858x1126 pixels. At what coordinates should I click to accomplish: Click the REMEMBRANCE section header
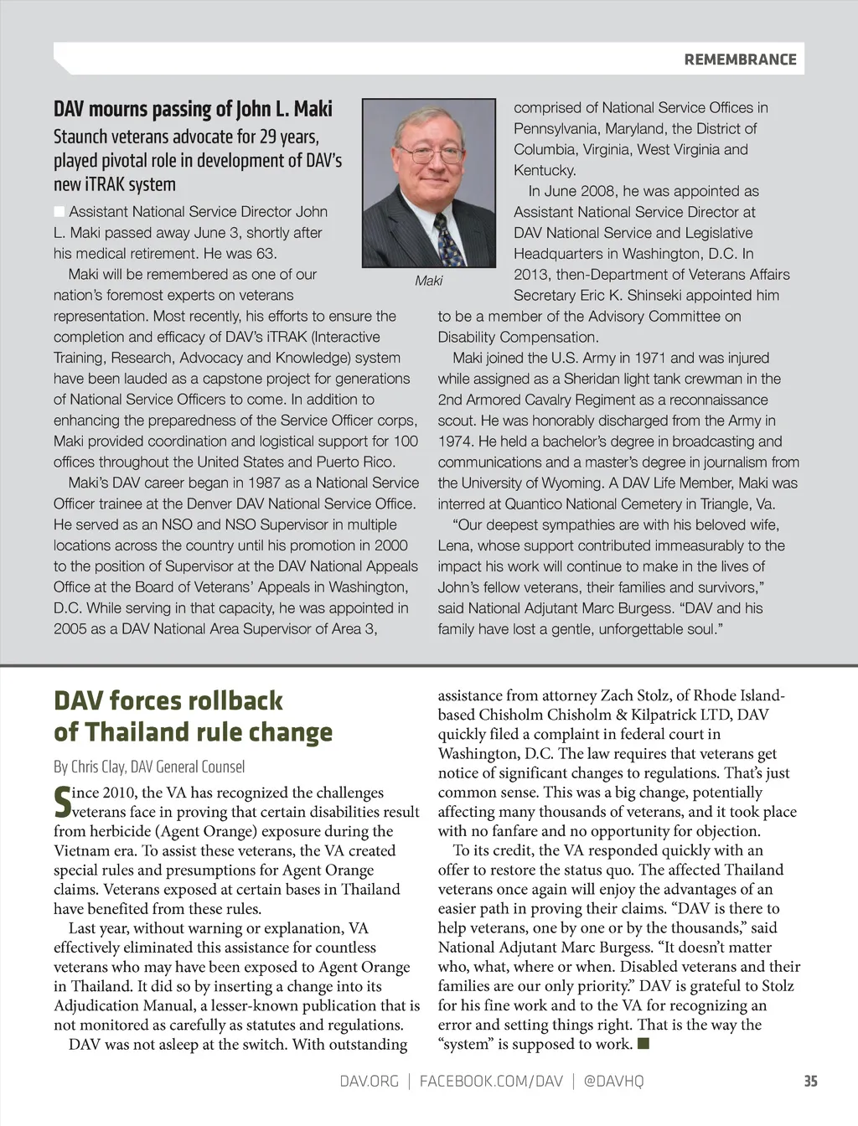[x=740, y=59]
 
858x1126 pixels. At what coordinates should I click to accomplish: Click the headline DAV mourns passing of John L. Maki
[x=193, y=109]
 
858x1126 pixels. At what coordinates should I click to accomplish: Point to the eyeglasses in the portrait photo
[x=429, y=154]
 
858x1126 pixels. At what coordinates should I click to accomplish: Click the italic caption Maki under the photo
[x=428, y=281]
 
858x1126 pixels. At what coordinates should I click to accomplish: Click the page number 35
[x=810, y=1081]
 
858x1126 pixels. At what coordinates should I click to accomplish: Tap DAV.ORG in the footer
[x=369, y=1081]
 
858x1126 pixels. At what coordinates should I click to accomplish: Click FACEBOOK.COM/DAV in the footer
[x=491, y=1081]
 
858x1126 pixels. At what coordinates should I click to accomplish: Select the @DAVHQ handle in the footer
[x=612, y=1081]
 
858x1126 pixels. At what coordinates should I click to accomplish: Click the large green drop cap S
[x=63, y=802]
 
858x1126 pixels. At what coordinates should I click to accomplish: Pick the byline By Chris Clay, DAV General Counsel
[x=149, y=767]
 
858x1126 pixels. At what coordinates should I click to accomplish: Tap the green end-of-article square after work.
[x=643, y=1043]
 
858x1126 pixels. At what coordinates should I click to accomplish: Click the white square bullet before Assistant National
[x=59, y=211]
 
